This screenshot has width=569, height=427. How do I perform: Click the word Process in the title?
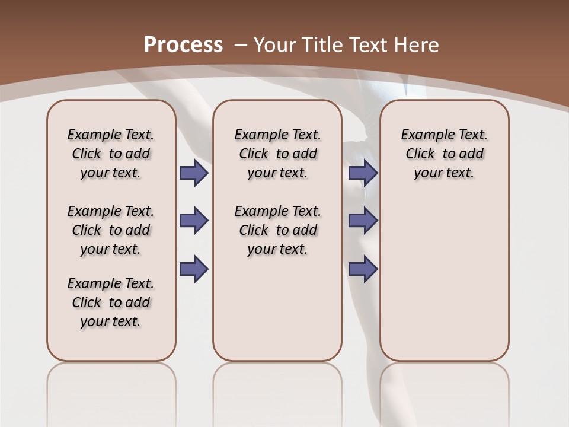183,44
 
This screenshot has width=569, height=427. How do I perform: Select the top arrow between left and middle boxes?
194,173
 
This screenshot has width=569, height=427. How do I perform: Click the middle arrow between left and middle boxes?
194,221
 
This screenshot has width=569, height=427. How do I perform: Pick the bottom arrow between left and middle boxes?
194,269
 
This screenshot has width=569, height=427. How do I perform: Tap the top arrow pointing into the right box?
363,173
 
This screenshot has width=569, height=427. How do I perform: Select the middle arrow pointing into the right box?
363,221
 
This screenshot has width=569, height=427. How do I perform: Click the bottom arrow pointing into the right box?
363,269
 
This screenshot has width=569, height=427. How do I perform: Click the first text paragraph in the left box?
111,154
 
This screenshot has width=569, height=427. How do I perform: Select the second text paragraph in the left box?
111,230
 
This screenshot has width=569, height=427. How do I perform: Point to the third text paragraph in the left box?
111,302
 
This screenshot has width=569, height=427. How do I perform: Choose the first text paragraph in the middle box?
277,154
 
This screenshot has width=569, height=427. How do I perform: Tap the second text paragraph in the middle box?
277,230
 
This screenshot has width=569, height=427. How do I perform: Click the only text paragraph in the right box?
444,154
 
